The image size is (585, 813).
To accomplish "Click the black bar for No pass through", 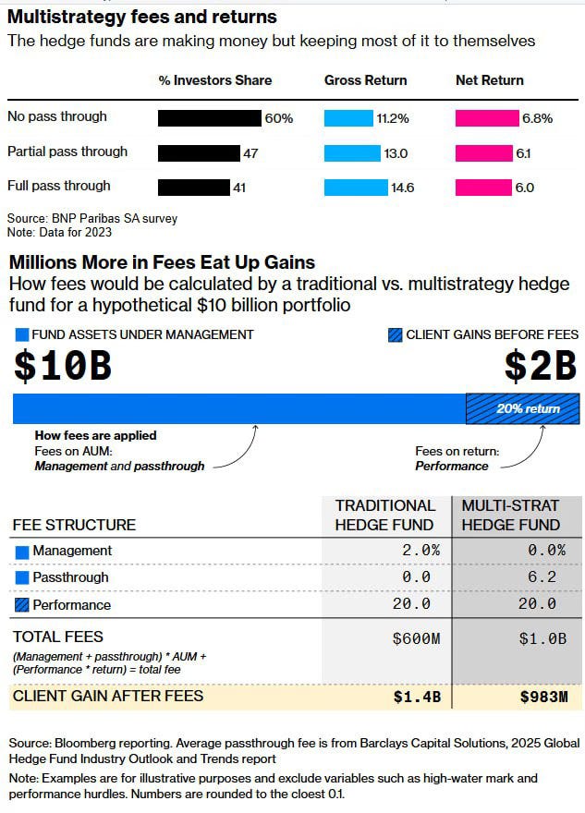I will [x=210, y=117].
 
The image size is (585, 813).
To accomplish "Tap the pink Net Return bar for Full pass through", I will [x=483, y=187].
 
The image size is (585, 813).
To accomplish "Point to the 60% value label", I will [x=279, y=118].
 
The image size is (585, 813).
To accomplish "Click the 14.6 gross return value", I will [x=403, y=188].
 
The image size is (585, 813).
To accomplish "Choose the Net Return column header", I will [x=490, y=80].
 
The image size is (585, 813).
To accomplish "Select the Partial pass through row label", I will [x=67, y=152].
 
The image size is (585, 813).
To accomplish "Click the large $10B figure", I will [x=63, y=366].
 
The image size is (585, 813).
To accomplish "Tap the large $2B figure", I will [x=541, y=366].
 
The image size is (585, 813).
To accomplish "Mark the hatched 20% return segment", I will [x=522, y=408].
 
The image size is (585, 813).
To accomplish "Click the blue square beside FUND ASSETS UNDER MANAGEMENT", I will [x=20, y=335].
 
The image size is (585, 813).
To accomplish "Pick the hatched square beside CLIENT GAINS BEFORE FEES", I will [x=396, y=335].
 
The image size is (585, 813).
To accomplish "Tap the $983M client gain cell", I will [x=542, y=697].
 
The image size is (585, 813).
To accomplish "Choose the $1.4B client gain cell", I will [x=416, y=697].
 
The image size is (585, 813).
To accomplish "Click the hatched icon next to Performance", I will [x=22, y=605].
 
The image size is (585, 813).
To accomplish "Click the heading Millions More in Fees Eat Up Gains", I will [x=162, y=262].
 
